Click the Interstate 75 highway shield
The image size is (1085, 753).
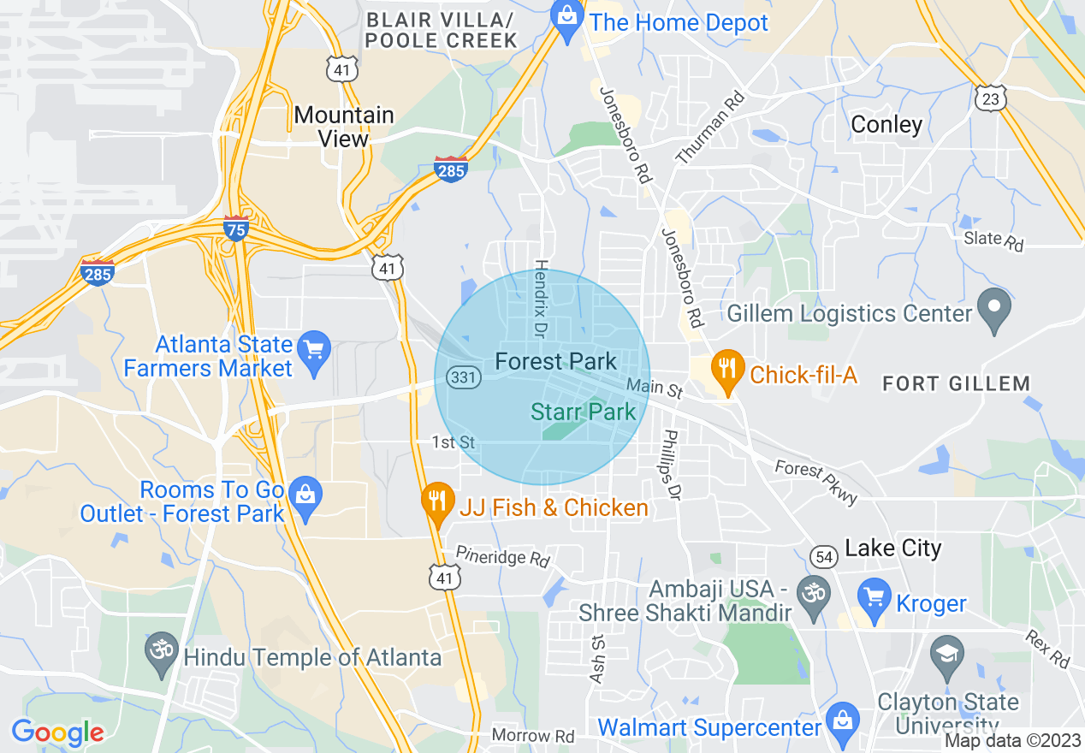pyautogui.click(x=236, y=228)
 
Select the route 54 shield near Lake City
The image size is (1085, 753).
pyautogui.click(x=824, y=557)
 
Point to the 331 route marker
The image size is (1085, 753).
pyautogui.click(x=463, y=378)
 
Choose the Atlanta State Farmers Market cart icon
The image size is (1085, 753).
pyautogui.click(x=316, y=353)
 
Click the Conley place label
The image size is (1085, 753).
pyautogui.click(x=886, y=124)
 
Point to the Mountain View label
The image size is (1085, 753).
pyautogui.click(x=343, y=127)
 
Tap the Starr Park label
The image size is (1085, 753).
pyautogui.click(x=584, y=412)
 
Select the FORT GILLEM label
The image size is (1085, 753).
pyautogui.click(x=956, y=383)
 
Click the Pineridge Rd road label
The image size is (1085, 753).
pyautogui.click(x=502, y=557)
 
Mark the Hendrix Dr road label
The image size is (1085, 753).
pyautogui.click(x=541, y=298)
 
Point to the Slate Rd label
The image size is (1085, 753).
pyautogui.click(x=993, y=240)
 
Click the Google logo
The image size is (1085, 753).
pyautogui.click(x=57, y=733)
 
